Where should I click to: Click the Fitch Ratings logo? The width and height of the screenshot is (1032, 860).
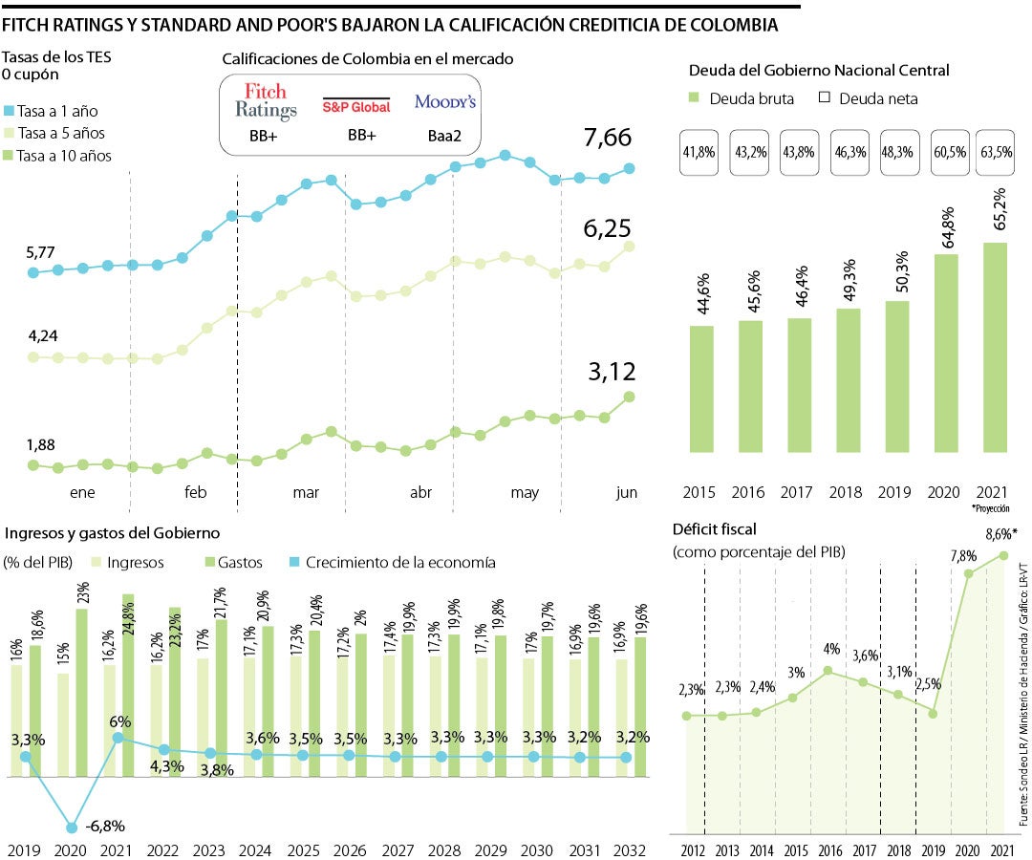click(x=267, y=101)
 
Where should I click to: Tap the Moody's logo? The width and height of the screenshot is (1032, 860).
click(x=445, y=101)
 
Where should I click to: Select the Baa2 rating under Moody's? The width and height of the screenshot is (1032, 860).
click(x=445, y=137)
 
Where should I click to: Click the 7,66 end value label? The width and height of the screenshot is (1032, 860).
click(x=608, y=138)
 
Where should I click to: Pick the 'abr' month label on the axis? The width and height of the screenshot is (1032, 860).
click(x=420, y=493)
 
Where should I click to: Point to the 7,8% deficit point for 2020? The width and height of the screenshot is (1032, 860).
click(x=969, y=573)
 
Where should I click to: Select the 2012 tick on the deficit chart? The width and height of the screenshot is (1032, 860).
click(x=693, y=849)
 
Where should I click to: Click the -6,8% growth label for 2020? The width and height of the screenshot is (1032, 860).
click(x=104, y=827)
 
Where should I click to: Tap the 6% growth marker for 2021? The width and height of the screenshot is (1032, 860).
click(x=118, y=710)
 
